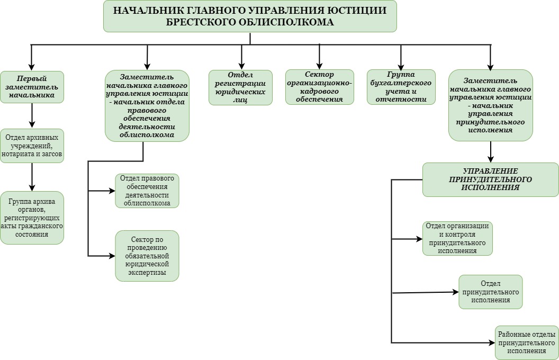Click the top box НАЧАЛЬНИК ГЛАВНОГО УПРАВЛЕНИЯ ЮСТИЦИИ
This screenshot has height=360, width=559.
(x=250, y=16)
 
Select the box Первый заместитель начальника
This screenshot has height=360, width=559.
(x=32, y=87)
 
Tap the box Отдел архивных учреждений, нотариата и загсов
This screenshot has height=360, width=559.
(x=32, y=146)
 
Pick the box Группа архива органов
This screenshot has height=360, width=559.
(x=32, y=218)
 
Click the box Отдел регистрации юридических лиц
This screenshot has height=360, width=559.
(x=241, y=87)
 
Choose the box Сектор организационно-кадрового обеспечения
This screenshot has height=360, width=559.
(x=320, y=87)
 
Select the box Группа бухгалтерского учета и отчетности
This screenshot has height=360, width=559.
(x=401, y=87)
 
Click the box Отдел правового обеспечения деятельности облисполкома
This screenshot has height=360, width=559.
(x=147, y=191)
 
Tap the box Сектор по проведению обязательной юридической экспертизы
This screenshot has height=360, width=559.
(x=147, y=255)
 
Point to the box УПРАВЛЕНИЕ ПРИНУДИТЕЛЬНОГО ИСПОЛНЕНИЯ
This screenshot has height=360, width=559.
(x=490, y=179)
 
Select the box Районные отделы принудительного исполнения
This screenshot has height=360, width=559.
(x=527, y=343)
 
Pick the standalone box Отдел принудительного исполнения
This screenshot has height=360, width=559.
(x=490, y=291)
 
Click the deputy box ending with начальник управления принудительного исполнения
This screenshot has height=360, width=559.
(x=490, y=105)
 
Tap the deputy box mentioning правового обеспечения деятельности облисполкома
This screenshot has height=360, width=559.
(x=147, y=106)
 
